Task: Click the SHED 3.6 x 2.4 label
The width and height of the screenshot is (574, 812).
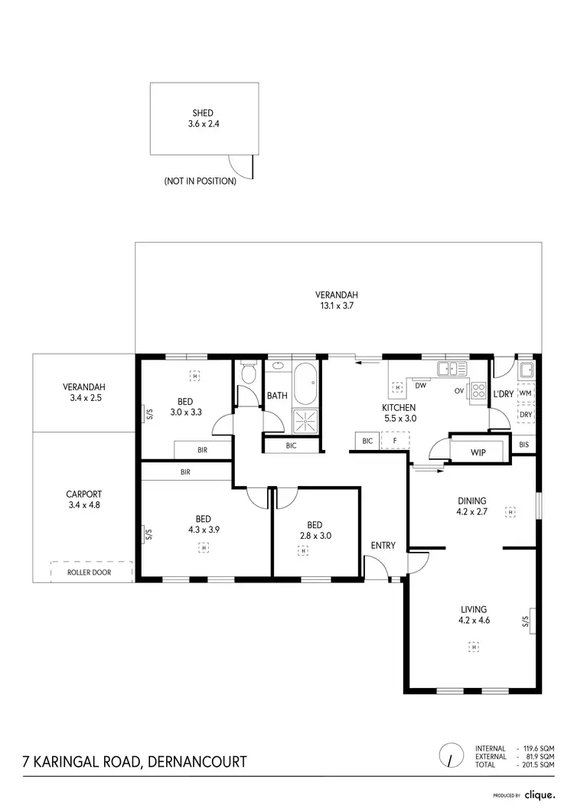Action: (x=203, y=118)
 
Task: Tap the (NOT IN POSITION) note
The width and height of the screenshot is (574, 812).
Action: (x=200, y=182)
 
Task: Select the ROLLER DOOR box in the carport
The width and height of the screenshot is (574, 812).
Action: (x=91, y=572)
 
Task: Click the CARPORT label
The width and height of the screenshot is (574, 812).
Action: (x=84, y=500)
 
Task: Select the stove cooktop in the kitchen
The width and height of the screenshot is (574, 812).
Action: (x=478, y=390)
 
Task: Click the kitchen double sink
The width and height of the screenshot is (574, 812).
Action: (x=452, y=369)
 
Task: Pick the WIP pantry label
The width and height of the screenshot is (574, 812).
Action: (x=479, y=452)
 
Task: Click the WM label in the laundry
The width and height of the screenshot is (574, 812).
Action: (x=525, y=393)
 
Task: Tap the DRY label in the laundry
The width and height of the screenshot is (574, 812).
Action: (x=525, y=416)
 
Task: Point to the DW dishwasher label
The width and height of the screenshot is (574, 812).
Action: (x=421, y=385)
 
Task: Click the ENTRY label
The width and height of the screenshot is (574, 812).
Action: (x=383, y=546)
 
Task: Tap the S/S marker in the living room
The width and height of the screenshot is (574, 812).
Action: (x=527, y=621)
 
